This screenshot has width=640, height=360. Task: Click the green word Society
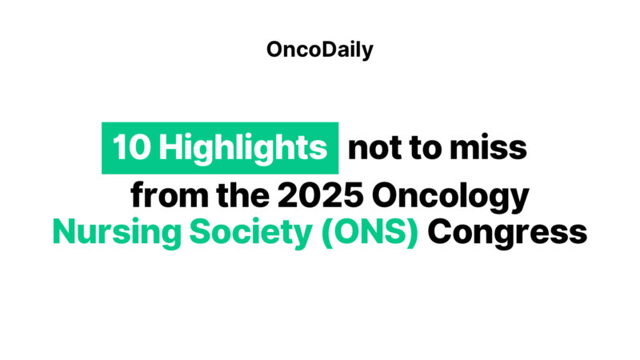(216, 233)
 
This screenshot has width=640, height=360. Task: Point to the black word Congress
(506, 234)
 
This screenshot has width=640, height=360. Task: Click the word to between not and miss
(429, 149)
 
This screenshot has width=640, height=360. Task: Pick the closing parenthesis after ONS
(412, 233)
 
